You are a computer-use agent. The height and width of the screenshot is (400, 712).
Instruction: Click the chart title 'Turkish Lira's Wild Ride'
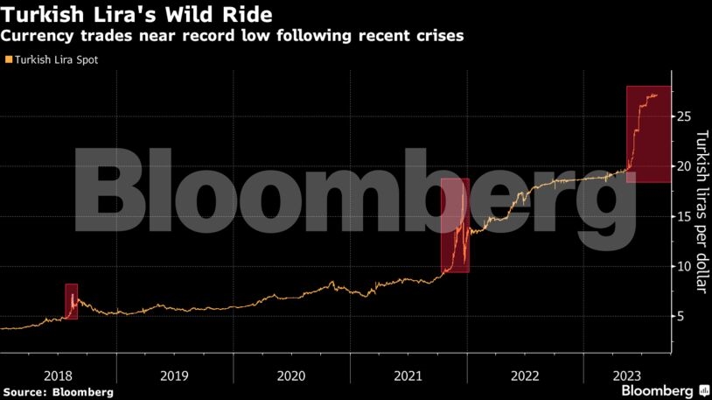point(136,15)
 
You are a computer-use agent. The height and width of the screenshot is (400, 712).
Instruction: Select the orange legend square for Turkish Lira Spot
point(9,60)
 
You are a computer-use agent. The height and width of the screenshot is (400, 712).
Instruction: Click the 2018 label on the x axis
point(58,375)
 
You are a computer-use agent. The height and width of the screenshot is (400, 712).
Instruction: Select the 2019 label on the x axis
point(174,375)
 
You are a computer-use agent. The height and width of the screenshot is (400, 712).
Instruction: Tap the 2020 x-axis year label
point(291,375)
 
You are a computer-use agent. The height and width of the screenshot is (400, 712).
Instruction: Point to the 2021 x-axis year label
point(408,375)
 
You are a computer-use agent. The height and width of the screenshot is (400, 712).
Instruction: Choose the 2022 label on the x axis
point(525,375)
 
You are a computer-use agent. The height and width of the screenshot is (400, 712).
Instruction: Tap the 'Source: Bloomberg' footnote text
point(58,391)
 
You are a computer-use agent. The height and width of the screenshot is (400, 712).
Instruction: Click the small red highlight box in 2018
point(71,301)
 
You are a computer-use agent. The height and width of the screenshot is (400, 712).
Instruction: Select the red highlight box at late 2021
point(455,225)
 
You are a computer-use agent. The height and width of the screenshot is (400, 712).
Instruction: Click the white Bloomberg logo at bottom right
point(657,389)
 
